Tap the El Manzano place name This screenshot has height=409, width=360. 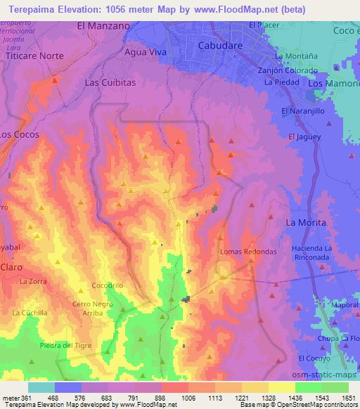pyautogui.click(x=103, y=26)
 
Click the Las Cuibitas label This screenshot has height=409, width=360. pyautogui.click(x=109, y=82)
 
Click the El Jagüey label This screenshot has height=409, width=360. pyautogui.click(x=304, y=136)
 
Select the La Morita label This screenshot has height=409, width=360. pyautogui.click(x=306, y=222)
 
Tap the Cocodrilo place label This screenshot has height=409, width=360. pyautogui.click(x=108, y=286)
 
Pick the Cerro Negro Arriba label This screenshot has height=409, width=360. pyautogui.click(x=93, y=309)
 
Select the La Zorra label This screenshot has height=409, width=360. pyautogui.click(x=32, y=281)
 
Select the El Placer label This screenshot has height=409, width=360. pyautogui.click(x=264, y=25)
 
